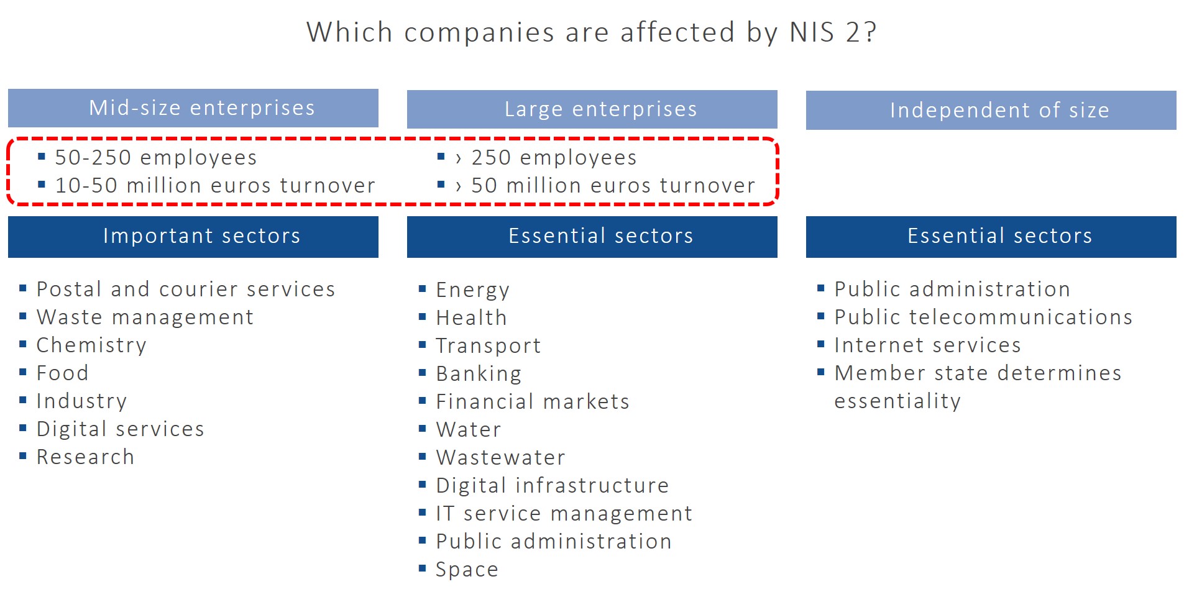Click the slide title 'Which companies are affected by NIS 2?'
click(x=591, y=32)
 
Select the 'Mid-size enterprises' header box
click(x=193, y=108)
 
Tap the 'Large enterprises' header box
click(x=592, y=109)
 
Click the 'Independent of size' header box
click(x=991, y=111)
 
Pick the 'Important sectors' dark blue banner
click(x=193, y=236)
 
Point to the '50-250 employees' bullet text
click(x=155, y=158)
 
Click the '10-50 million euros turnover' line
click(x=215, y=186)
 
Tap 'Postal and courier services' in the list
click(x=186, y=289)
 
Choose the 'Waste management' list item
click(x=145, y=317)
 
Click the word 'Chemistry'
click(x=91, y=345)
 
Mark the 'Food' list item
click(x=62, y=373)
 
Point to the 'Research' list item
click(x=85, y=457)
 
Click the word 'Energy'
click(x=472, y=290)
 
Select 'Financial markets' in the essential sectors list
click(x=533, y=402)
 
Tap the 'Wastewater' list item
click(x=500, y=458)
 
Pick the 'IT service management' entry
click(x=564, y=514)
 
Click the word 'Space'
click(x=467, y=570)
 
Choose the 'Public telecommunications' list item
click(x=983, y=317)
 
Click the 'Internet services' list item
click(x=927, y=345)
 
